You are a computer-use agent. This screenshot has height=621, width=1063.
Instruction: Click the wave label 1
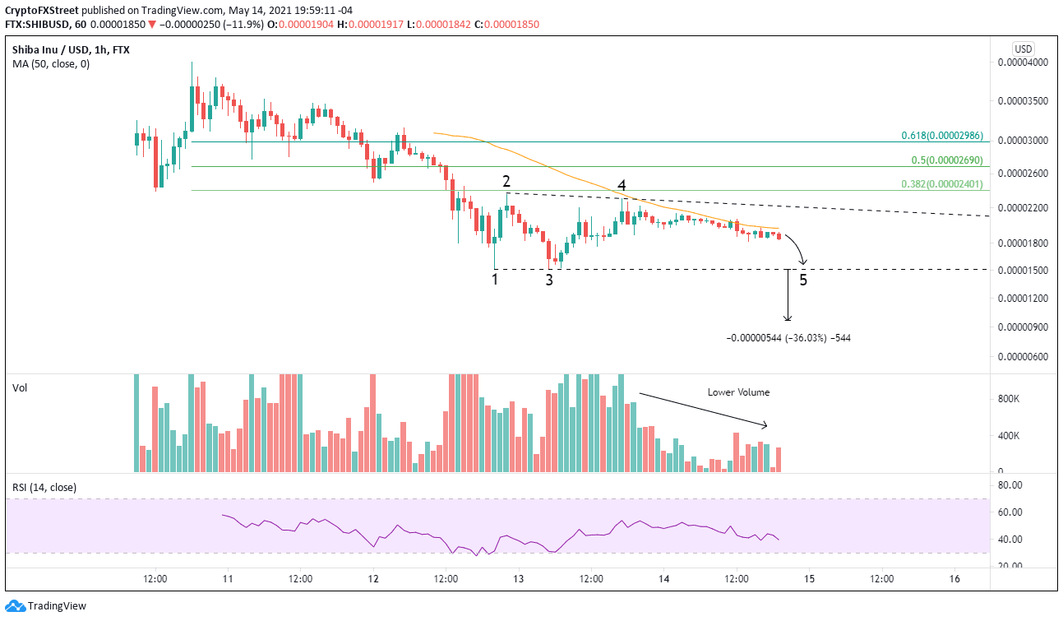[x=495, y=279]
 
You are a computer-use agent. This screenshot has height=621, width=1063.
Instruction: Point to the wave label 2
[x=507, y=181]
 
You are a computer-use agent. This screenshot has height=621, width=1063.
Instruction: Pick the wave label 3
[x=549, y=280]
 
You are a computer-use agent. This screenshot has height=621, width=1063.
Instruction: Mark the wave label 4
[x=622, y=185]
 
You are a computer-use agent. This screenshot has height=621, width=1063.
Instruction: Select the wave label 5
[x=803, y=279]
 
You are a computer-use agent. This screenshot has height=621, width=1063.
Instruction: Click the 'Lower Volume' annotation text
[x=737, y=392]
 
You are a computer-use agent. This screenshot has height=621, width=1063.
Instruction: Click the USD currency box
[x=1024, y=49]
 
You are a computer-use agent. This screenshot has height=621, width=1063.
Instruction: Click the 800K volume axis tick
[x=1009, y=398]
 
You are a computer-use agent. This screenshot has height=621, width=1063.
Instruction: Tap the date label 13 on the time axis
[x=518, y=579]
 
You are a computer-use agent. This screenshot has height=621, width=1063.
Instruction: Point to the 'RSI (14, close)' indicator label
[x=44, y=488]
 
